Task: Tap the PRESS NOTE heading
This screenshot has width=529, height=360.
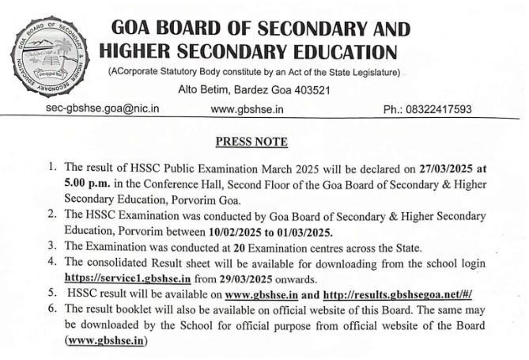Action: pos(251,142)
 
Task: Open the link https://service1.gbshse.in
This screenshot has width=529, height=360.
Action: pos(129,278)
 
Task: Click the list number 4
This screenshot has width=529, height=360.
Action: pos(52,263)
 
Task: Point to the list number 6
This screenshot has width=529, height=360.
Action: pos(52,309)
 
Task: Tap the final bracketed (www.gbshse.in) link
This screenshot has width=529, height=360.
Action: pos(107,340)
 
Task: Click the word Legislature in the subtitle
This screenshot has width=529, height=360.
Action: pos(370,73)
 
